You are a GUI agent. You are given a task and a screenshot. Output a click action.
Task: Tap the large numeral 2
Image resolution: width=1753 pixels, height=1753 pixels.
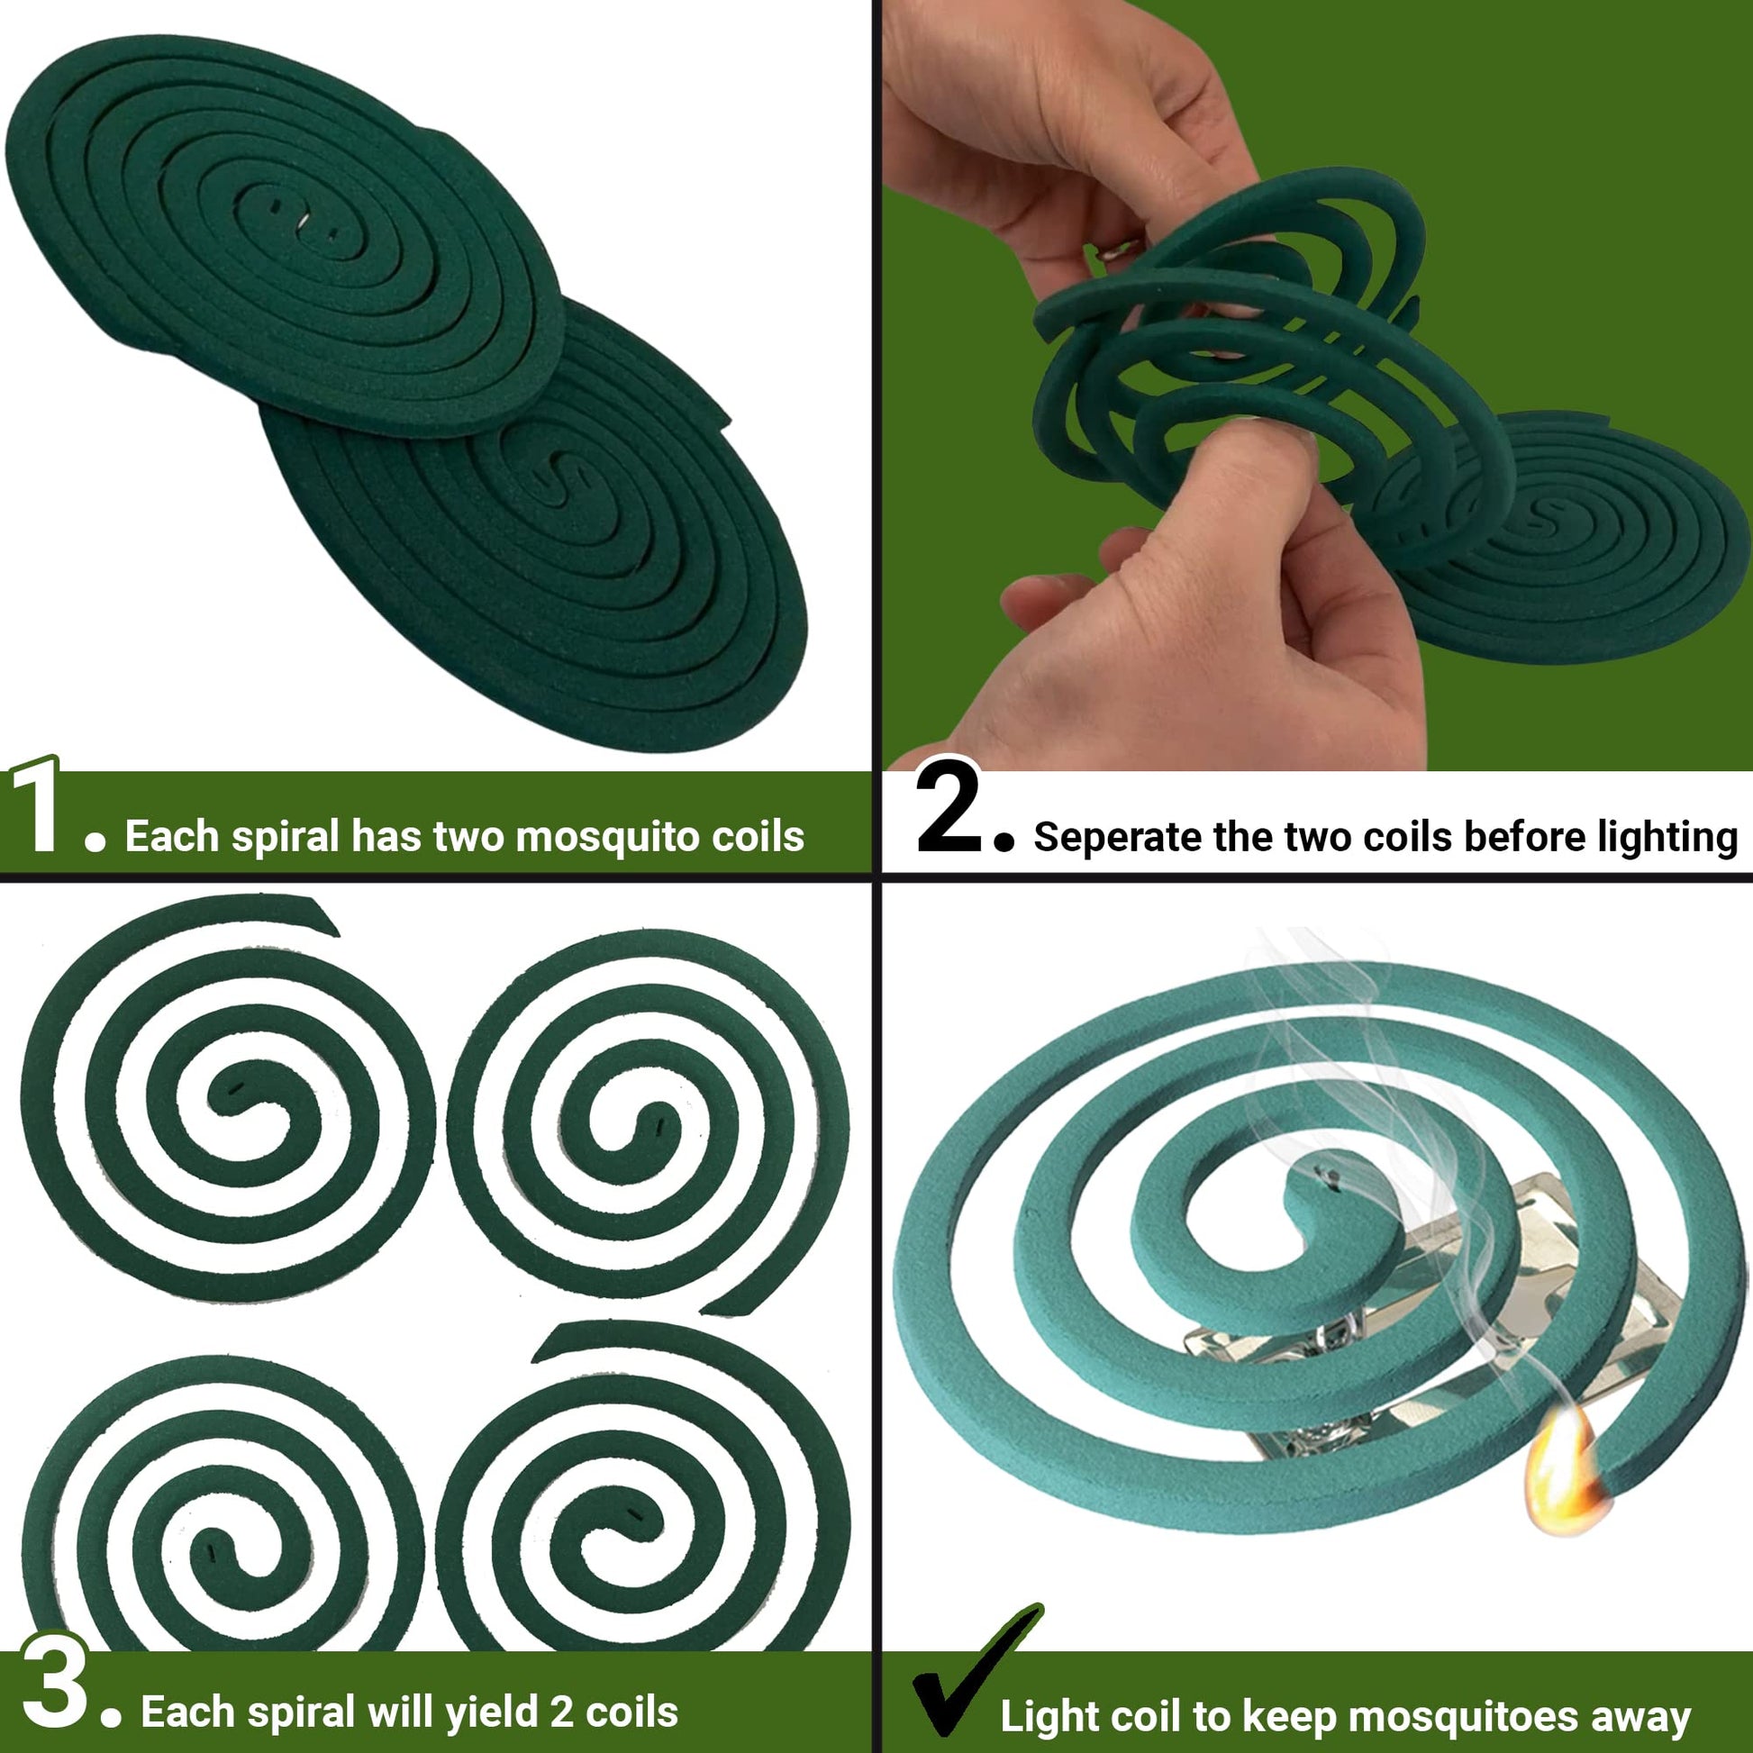pyautogui.click(x=949, y=806)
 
